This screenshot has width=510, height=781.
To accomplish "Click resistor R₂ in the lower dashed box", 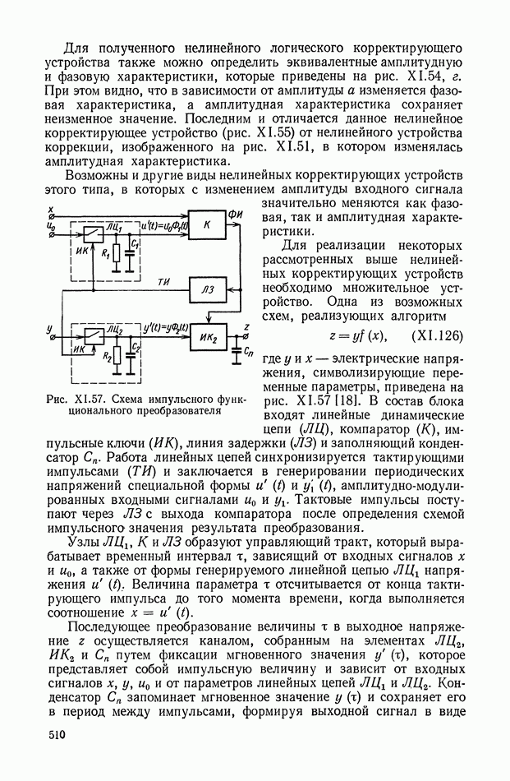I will pyautogui.click(x=117, y=358).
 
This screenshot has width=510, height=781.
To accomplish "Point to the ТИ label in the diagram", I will pyautogui.click(x=164, y=283).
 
